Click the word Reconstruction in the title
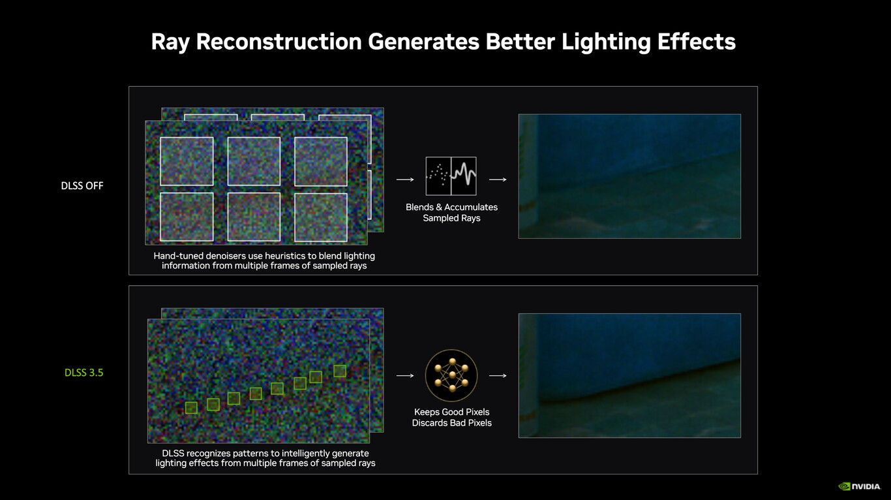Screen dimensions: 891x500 [x=279, y=41]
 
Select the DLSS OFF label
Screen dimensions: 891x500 [x=82, y=185]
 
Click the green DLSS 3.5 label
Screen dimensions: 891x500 [x=83, y=373]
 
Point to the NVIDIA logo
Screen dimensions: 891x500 [x=859, y=486]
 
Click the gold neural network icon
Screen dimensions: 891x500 [x=451, y=375]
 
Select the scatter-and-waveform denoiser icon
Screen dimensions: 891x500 [x=451, y=176]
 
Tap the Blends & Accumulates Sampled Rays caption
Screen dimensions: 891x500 [x=451, y=213]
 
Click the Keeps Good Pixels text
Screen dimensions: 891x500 [x=451, y=412]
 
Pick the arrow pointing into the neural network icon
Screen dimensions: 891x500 [x=405, y=375]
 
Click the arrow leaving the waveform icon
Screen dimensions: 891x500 [x=498, y=180]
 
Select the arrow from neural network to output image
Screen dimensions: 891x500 [x=498, y=375]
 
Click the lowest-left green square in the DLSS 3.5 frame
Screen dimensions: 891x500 [x=191, y=408]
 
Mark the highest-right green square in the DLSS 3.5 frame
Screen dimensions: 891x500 [x=340, y=371]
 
